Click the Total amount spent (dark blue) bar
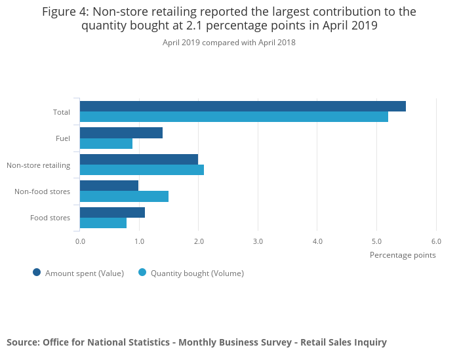tap(243, 106)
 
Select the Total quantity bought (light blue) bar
tap(234, 117)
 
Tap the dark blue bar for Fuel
tap(121, 133)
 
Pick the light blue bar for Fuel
tap(106, 144)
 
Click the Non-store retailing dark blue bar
tap(139, 159)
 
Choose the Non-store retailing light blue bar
tap(142, 170)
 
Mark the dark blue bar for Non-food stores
tap(110, 186)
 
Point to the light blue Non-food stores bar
tap(124, 196)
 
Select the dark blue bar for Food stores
tap(112, 212)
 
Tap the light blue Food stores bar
tap(103, 223)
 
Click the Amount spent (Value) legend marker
tap(37, 273)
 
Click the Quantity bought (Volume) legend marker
tap(142, 273)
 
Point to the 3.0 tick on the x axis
tap(258, 241)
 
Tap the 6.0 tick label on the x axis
tap(436, 241)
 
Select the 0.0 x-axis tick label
tap(80, 241)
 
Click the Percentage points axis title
tap(403, 255)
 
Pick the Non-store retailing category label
tap(38, 165)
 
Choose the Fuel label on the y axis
tap(63, 138)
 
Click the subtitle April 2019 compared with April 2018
tap(229, 43)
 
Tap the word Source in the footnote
tap(23, 342)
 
